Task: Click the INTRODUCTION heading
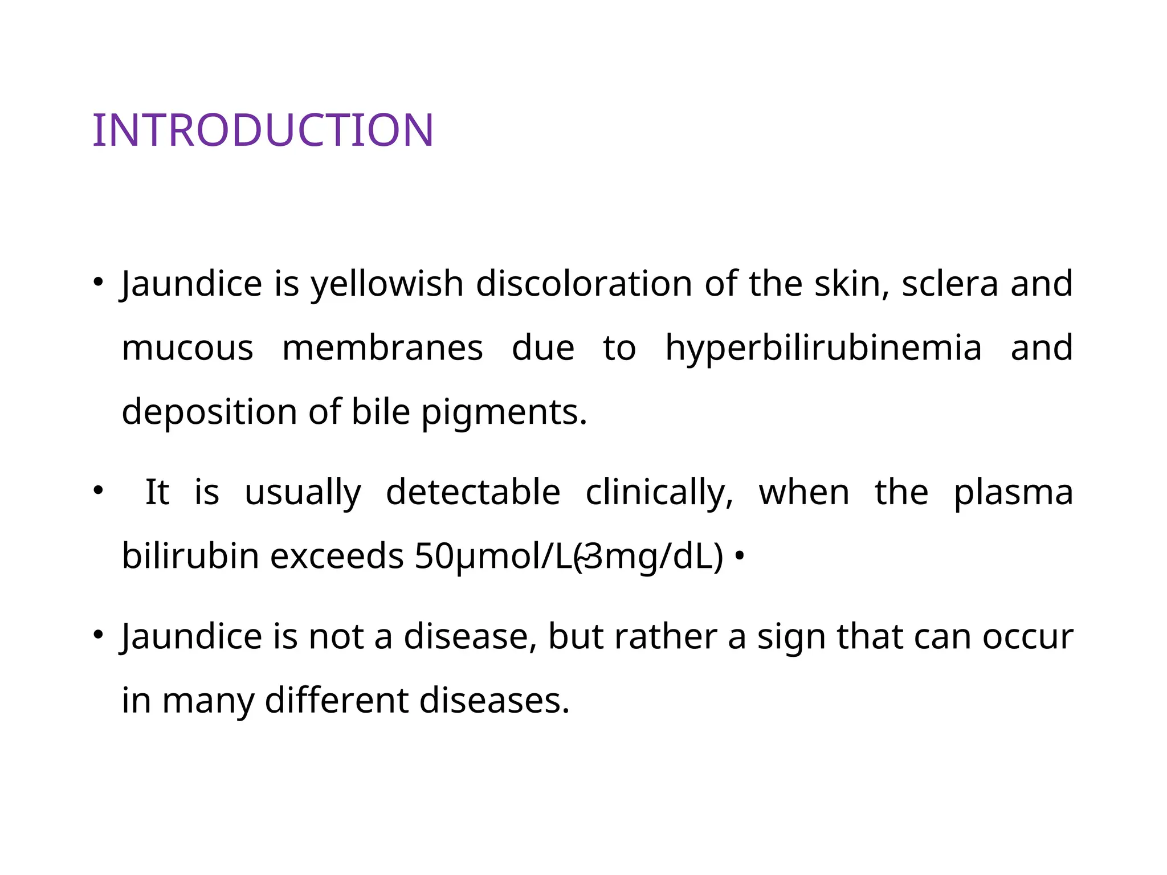pos(263,130)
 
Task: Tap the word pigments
pos(504,412)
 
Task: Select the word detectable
pos(473,492)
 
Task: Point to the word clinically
pos(659,492)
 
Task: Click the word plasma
pos(1013,492)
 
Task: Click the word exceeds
pos(337,557)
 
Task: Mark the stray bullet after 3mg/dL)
pos(739,555)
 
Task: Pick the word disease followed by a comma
pos(470,636)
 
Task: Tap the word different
pos(336,700)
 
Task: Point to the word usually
pos(303,492)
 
